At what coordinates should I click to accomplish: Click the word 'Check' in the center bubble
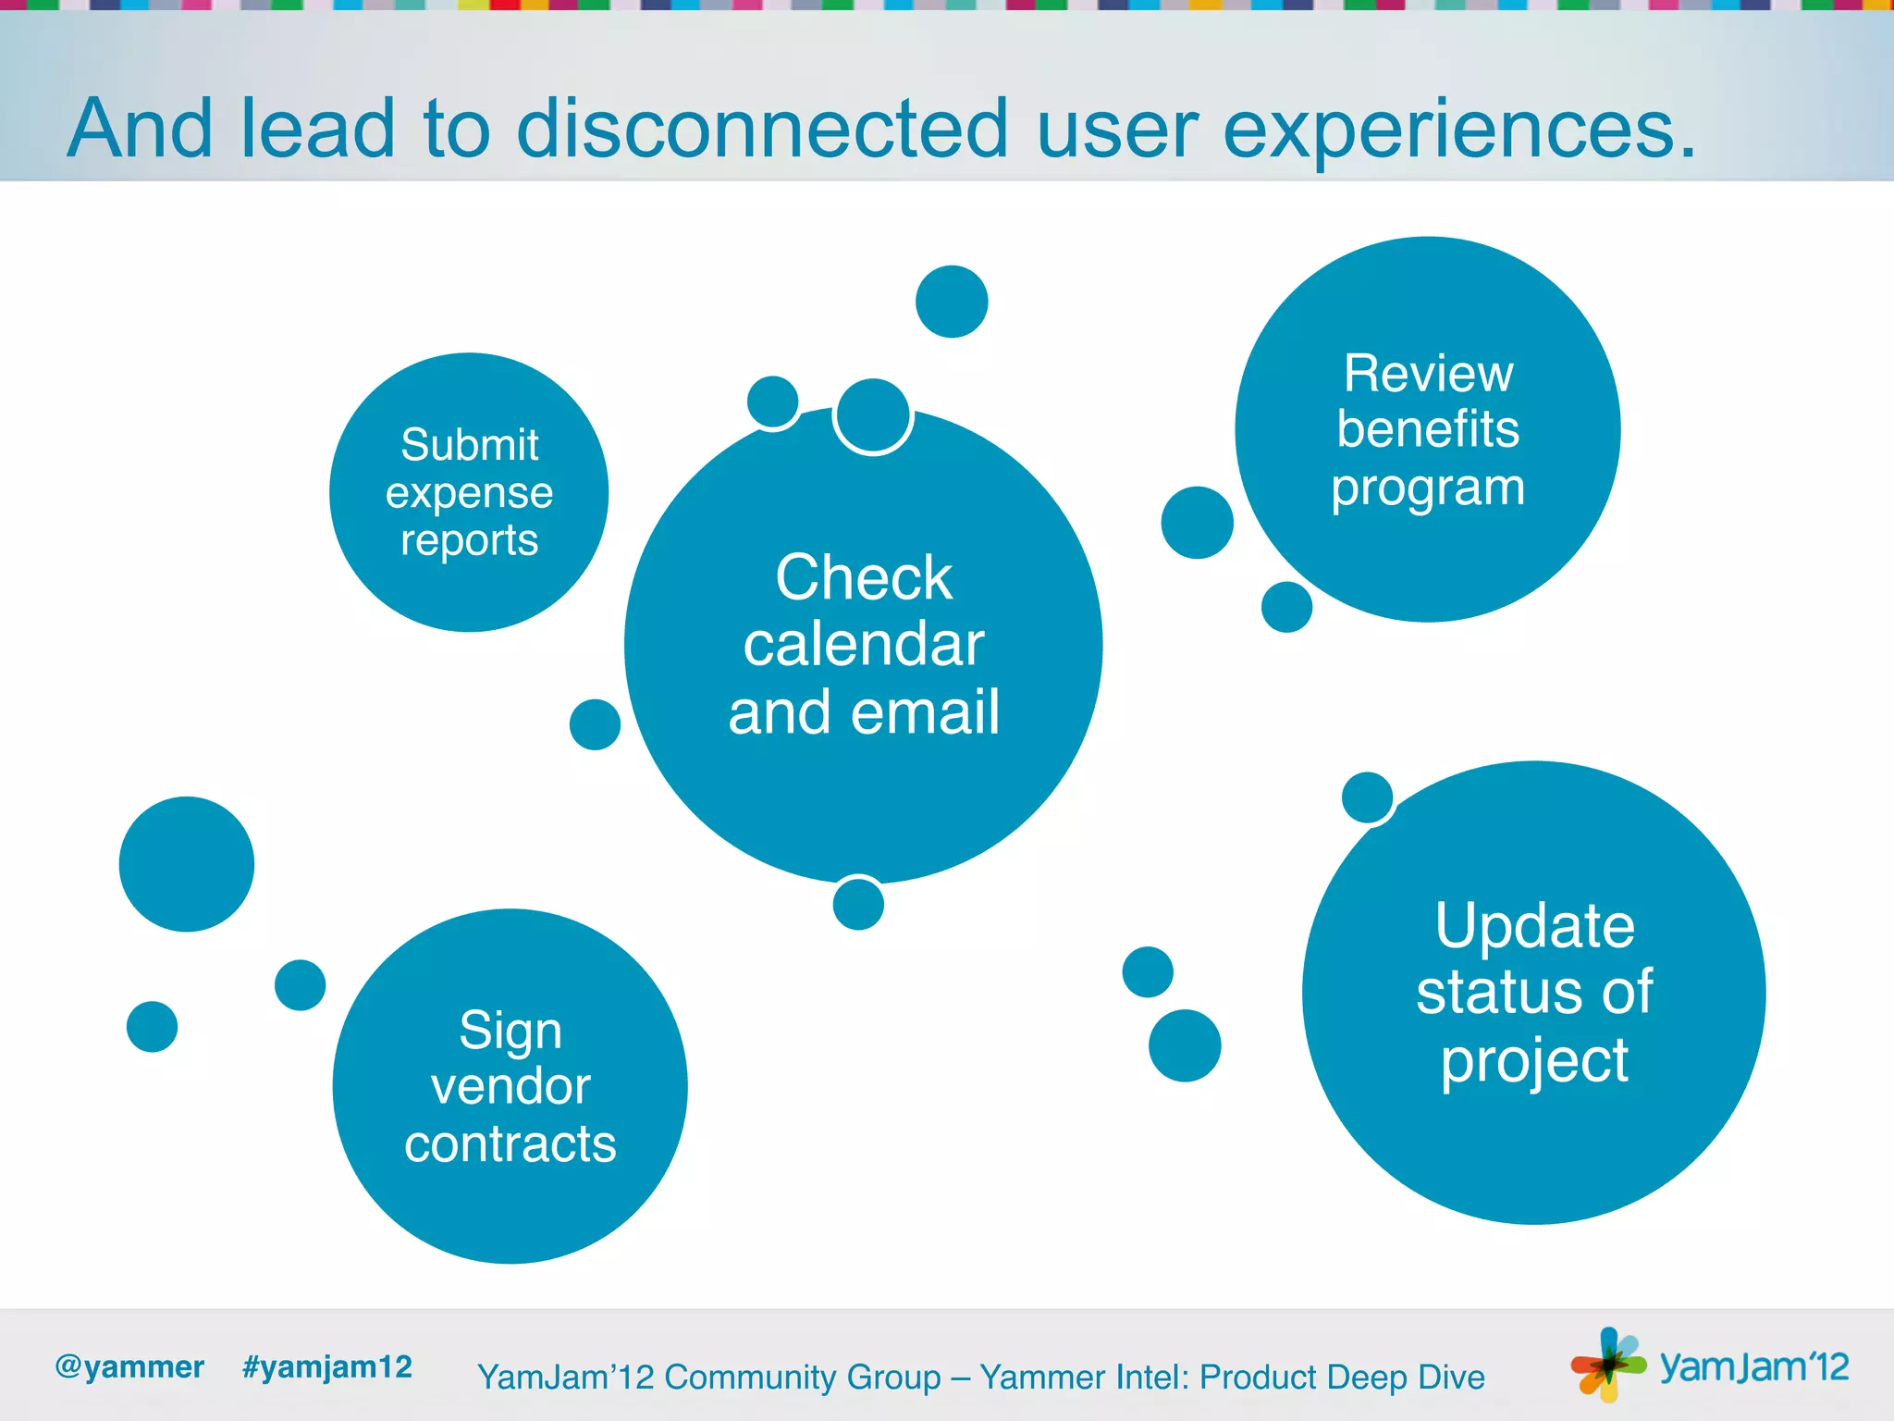tap(863, 578)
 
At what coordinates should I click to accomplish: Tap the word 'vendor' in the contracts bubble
tap(510, 1086)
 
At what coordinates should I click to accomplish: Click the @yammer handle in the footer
tap(129, 1367)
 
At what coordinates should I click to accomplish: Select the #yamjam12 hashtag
tap(326, 1367)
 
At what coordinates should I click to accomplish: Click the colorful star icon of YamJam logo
tap(1608, 1364)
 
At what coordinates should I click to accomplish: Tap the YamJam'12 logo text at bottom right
tap(1753, 1367)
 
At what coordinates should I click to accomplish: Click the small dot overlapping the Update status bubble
tap(1367, 797)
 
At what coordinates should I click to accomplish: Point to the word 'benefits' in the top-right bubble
tap(1427, 429)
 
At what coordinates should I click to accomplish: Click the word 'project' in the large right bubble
tap(1534, 1061)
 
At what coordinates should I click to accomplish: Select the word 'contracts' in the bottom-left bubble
tap(510, 1144)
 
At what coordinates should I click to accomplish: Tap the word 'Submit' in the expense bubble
tap(469, 445)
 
